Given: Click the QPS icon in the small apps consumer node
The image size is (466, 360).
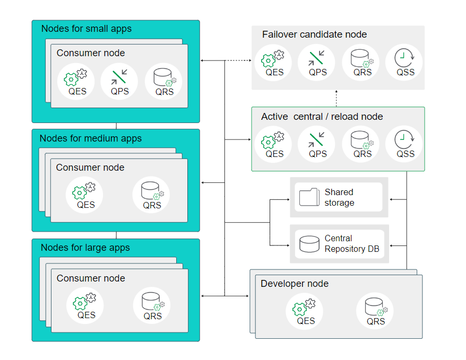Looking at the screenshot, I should pyautogui.click(x=119, y=77).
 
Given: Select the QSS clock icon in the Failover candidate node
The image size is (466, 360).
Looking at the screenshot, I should pyautogui.click(x=405, y=58).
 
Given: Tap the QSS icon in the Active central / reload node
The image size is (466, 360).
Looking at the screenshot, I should pyautogui.click(x=405, y=140).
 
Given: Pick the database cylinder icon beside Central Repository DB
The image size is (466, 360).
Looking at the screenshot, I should pyautogui.click(x=309, y=243).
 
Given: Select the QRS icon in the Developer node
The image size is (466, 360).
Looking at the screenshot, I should pyautogui.click(x=375, y=307).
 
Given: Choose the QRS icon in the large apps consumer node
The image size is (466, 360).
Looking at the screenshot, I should pyautogui.click(x=152, y=302).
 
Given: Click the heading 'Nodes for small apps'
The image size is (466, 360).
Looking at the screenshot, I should pyautogui.click(x=87, y=29).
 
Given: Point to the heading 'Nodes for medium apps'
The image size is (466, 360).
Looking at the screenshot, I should pyautogui.click(x=91, y=138).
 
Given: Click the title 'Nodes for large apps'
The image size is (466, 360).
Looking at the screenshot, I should pyautogui.click(x=85, y=248).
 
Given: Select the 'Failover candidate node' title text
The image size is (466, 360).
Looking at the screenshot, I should pyautogui.click(x=314, y=34).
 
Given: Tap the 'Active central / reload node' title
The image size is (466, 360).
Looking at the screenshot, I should pyautogui.click(x=322, y=117).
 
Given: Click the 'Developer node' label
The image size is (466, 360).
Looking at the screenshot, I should pyautogui.click(x=295, y=284).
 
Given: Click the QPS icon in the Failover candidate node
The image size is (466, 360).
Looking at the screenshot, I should pyautogui.click(x=317, y=58).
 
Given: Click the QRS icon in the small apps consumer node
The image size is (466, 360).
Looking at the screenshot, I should pyautogui.click(x=164, y=77).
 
